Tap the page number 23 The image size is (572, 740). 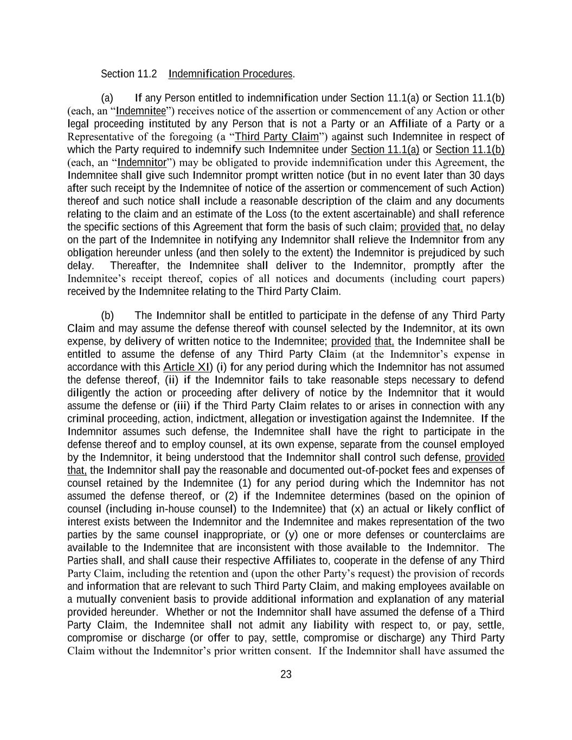pyautogui.click(x=286, y=674)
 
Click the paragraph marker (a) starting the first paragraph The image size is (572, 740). pyautogui.click(x=107, y=98)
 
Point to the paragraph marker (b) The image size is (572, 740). pyautogui.click(x=107, y=316)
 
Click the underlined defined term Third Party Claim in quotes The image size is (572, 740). pyautogui.click(x=277, y=137)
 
